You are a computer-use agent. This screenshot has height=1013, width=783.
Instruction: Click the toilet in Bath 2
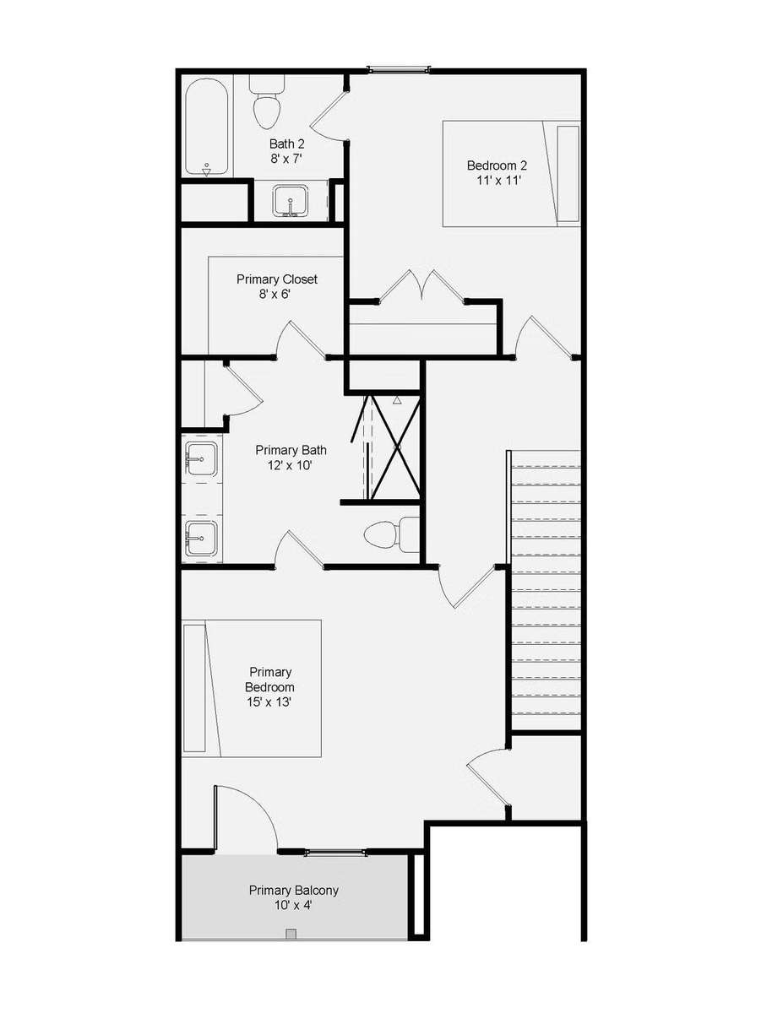267,101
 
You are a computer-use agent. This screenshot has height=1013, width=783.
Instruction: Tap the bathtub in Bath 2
207,127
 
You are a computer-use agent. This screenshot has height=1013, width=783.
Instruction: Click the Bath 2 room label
287,150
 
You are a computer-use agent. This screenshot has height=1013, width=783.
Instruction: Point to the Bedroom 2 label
498,172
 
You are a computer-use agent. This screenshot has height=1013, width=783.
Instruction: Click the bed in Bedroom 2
511,174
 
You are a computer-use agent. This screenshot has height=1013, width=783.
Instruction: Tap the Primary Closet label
276,286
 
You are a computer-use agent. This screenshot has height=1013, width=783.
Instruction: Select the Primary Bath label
291,458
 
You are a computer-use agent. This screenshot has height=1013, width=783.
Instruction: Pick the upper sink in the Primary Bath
202,458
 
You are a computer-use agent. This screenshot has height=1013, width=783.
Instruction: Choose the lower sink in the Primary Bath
202,538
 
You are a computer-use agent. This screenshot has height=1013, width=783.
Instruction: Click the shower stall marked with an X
391,447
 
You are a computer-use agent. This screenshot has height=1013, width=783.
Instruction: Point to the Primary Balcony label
293,897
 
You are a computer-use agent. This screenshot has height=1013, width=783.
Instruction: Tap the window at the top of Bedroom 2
398,69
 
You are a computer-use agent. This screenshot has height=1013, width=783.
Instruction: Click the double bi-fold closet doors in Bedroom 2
422,285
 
